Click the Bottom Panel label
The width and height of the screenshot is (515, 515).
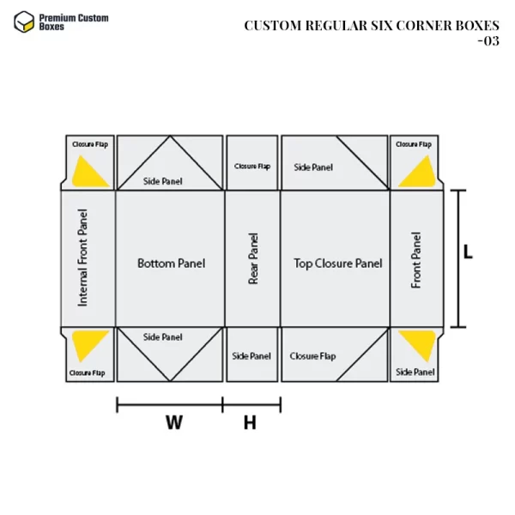[171, 264]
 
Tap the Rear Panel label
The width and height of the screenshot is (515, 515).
[253, 258]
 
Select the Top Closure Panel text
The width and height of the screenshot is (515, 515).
[337, 264]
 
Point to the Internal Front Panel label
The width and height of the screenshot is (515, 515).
[82, 257]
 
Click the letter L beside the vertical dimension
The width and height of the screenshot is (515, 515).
[468, 251]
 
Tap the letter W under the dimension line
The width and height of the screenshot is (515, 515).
[174, 422]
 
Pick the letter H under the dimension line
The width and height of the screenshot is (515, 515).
[250, 422]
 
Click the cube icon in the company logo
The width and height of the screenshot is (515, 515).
[24, 22]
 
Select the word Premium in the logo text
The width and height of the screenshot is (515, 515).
[55, 18]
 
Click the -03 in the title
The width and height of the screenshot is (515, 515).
[488, 41]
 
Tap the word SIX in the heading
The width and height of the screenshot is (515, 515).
[382, 26]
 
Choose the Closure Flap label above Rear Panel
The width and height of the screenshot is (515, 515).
[252, 167]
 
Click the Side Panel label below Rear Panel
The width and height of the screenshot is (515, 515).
[251, 356]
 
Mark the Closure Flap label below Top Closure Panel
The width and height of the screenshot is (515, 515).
[312, 356]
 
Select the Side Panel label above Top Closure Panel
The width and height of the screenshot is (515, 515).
[313, 167]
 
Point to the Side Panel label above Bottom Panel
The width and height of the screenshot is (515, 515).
[162, 181]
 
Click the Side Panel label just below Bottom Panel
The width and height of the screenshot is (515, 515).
[162, 337]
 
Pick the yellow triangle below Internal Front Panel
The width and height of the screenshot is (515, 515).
[88, 344]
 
